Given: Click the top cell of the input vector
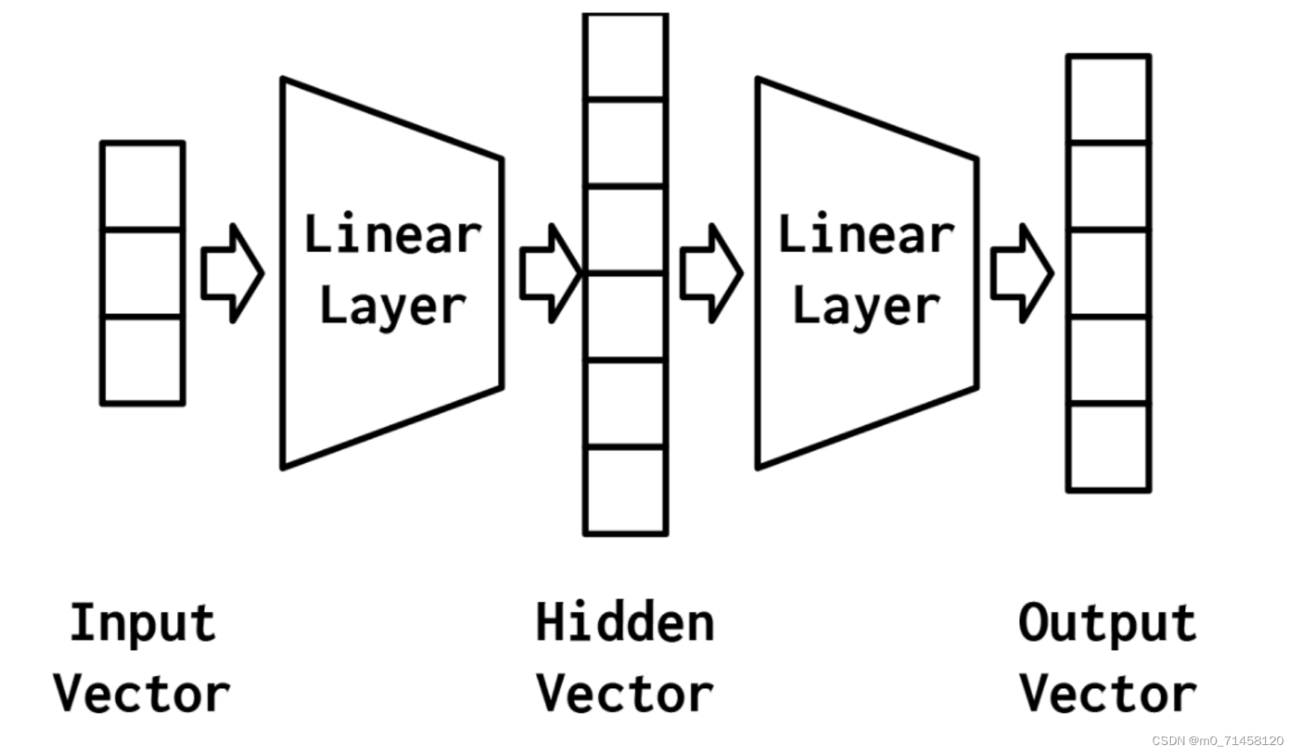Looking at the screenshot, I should [142, 185].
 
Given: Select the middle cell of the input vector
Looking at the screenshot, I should [142, 273].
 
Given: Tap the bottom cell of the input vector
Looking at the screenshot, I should [142, 361].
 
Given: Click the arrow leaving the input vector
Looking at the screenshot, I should [232, 274].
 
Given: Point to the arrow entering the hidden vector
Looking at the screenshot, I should [550, 274].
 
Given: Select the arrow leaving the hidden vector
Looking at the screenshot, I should [711, 274].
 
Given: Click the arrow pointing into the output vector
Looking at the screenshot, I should [1022, 274].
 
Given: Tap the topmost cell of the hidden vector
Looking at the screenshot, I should [626, 56].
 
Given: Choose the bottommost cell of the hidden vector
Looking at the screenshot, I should [626, 491].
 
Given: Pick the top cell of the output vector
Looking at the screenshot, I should [1108, 99].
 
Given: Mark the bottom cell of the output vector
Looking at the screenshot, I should [1108, 447].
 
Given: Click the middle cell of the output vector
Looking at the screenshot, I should [1108, 273].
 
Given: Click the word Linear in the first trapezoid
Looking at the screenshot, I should [393, 233].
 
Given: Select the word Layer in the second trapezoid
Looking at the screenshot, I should [866, 306].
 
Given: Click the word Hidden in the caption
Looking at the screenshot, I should [625, 622].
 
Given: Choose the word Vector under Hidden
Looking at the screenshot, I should [625, 693].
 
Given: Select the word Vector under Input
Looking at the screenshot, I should [142, 693].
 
